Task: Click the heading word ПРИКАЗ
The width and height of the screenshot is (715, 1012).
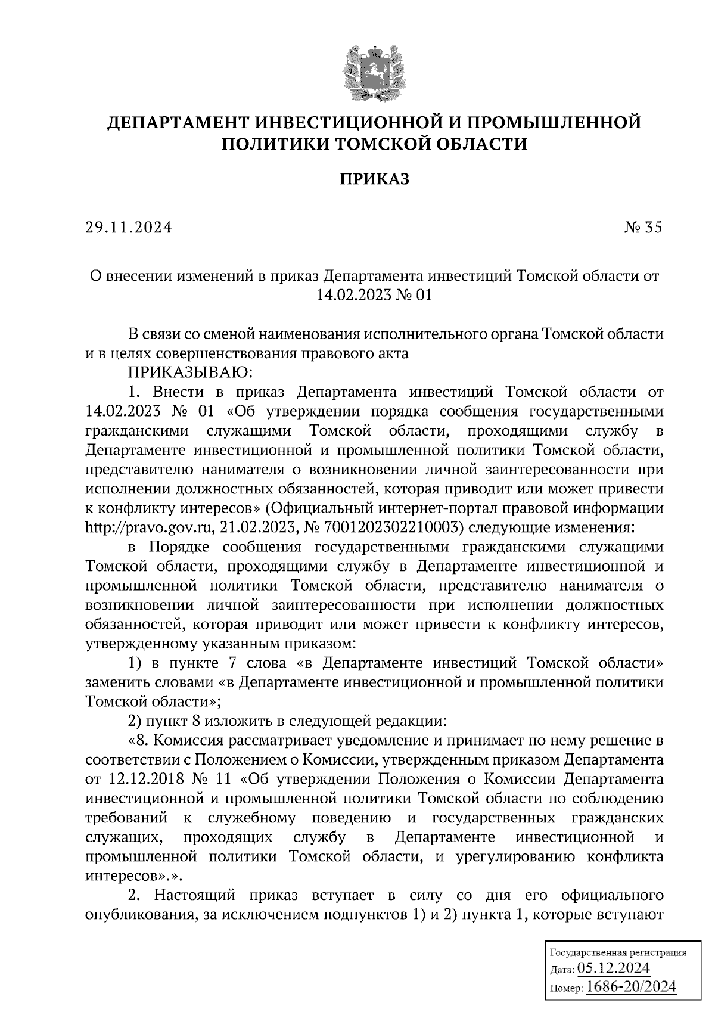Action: coord(374,179)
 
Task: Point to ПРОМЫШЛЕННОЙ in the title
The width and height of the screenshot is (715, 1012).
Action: coord(554,123)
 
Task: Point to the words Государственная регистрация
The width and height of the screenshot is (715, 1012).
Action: coord(617,952)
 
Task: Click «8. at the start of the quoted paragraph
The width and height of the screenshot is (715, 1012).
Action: coord(138,741)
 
